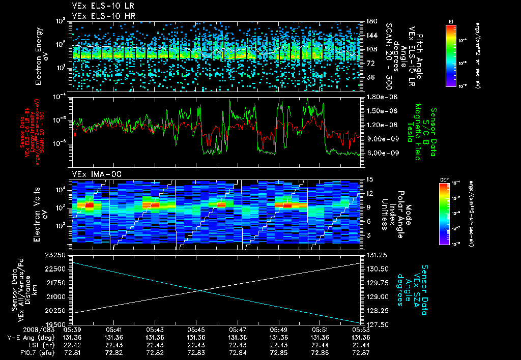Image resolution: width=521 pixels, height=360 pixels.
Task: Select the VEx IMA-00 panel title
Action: [92, 174]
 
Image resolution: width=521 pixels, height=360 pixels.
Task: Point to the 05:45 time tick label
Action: [196, 329]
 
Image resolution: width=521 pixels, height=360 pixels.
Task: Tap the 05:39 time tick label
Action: [72, 329]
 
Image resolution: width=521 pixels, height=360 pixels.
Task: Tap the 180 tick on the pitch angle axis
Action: [371, 21]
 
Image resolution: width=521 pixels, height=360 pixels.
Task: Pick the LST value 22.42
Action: [72, 345]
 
